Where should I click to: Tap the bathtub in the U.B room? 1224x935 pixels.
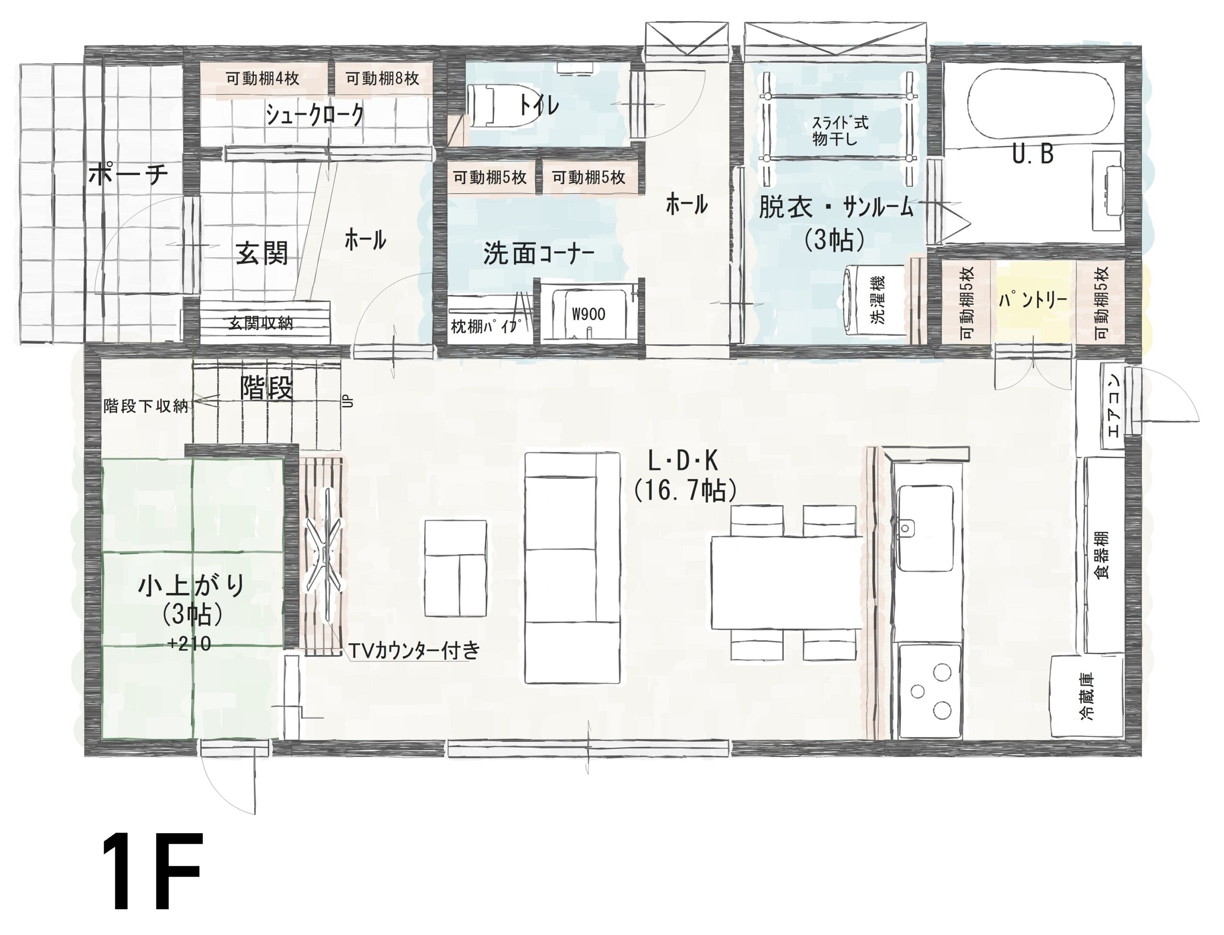(x=1040, y=106)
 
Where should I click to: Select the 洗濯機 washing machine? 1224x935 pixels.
(x=876, y=300)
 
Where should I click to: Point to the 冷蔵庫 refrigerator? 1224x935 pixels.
(x=1087, y=696)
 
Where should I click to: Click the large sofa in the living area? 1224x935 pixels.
(x=572, y=568)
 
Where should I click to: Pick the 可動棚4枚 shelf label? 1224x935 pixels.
(x=262, y=78)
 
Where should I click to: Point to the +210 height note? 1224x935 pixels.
(x=189, y=644)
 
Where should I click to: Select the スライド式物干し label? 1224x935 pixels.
(x=840, y=130)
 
